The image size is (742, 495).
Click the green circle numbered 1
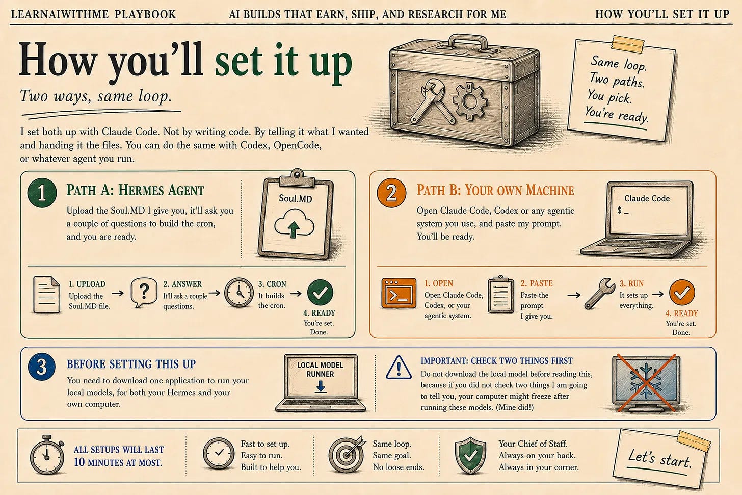click(42, 193)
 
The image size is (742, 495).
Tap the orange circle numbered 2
click(391, 193)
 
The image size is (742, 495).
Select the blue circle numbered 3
click(42, 367)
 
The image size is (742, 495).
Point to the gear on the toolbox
click(470, 101)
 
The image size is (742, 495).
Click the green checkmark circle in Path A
click(320, 292)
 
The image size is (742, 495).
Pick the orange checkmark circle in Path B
click(682, 292)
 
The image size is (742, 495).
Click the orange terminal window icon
click(399, 293)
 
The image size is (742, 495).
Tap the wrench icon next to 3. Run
click(599, 294)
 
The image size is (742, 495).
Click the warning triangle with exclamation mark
click(399, 368)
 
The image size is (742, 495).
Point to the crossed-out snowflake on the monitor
click(646, 383)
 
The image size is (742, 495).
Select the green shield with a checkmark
click(470, 455)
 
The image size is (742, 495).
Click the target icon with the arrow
click(347, 454)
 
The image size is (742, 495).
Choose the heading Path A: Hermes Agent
click(135, 190)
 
